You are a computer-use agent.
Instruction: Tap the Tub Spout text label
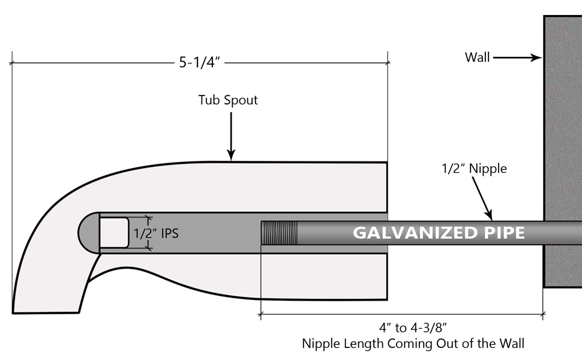228,100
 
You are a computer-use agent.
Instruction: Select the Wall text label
477,58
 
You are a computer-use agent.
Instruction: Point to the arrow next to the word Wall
517,58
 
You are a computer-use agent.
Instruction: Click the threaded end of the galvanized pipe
280,233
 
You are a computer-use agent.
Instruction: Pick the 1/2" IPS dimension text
155,233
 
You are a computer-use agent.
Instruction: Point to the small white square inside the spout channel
114,233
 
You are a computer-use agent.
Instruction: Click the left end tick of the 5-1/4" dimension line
11,62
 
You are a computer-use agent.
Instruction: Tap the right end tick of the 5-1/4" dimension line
388,62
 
